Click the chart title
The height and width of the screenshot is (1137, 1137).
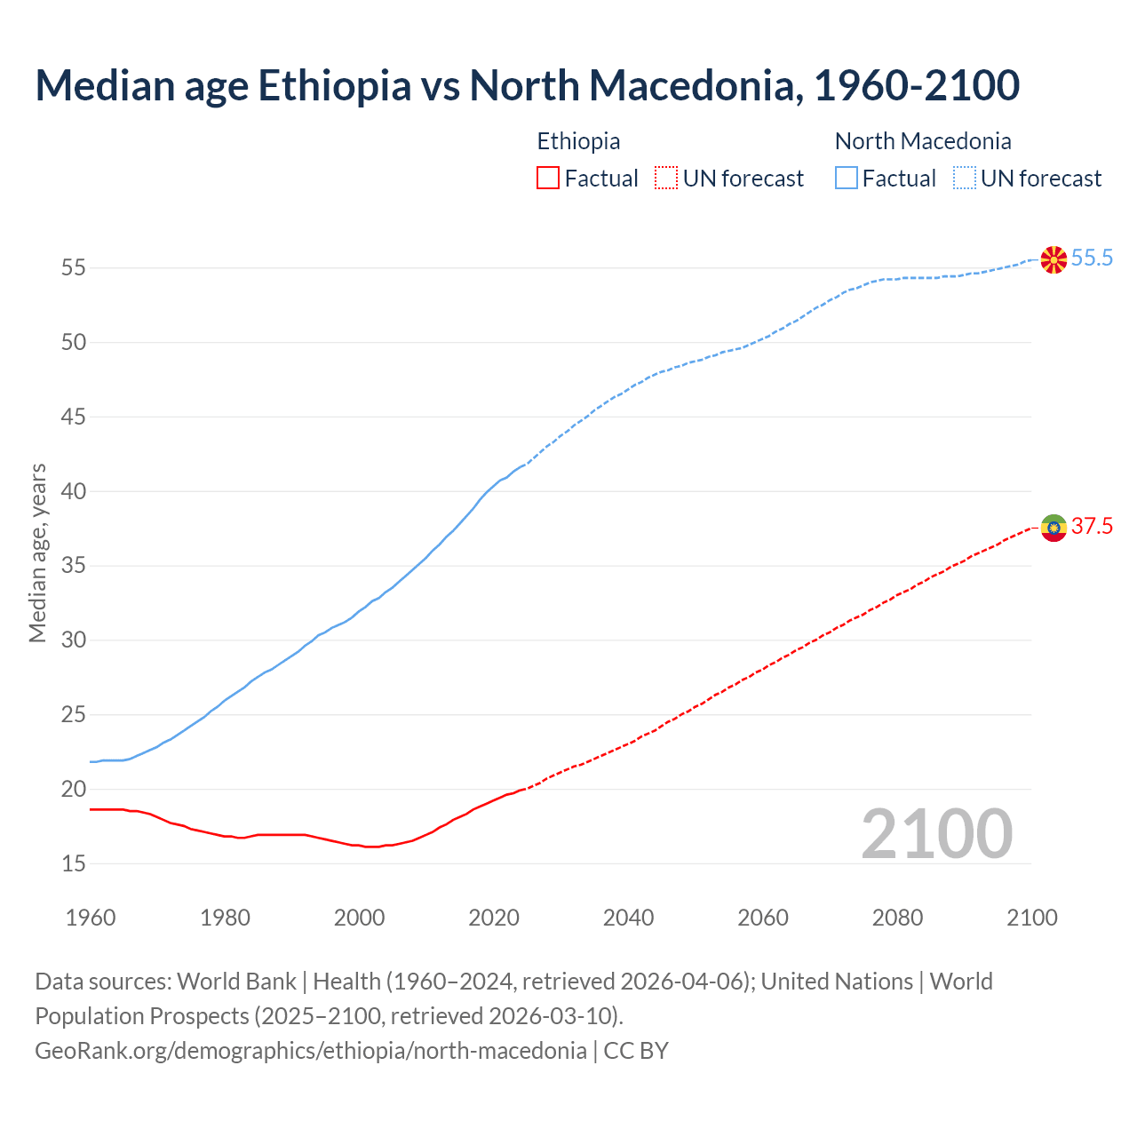[x=527, y=85]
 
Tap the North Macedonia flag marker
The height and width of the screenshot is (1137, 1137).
[x=1054, y=259]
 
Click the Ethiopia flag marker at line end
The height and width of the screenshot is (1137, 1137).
[x=1054, y=528]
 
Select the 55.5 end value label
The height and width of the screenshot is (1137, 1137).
[x=1092, y=258]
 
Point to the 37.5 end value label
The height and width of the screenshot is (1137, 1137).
[x=1092, y=527]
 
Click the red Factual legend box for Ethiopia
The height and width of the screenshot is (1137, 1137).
[x=548, y=179]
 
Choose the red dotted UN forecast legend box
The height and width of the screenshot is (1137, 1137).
[x=666, y=179]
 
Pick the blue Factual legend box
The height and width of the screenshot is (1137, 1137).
[x=846, y=179]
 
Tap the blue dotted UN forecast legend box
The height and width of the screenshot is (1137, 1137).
[x=964, y=179]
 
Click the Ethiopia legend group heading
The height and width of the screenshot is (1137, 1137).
[x=578, y=141]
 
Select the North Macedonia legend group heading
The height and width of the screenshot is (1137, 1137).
[x=923, y=141]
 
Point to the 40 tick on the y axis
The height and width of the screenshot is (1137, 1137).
[x=73, y=491]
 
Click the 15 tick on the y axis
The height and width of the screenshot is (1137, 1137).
[x=73, y=863]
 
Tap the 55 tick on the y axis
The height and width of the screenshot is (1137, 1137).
[x=73, y=267]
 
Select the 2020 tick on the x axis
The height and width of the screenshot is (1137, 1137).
[x=494, y=918]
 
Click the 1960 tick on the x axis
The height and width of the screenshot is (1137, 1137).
[x=91, y=918]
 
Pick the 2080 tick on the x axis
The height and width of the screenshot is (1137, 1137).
[x=897, y=918]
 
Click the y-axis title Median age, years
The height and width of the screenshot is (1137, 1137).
[x=37, y=553]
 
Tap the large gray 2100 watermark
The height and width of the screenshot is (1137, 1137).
[x=936, y=834]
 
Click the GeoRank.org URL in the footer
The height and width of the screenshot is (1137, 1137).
[x=310, y=1051]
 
